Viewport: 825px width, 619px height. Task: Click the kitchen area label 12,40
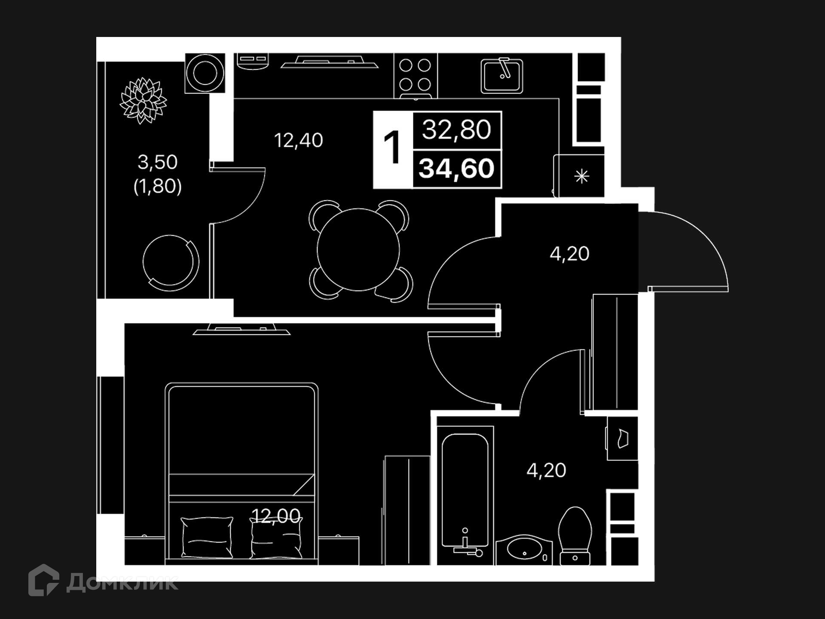299,141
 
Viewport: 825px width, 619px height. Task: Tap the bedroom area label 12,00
275,516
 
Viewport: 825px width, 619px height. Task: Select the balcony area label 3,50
157,162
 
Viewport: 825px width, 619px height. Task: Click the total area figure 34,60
457,169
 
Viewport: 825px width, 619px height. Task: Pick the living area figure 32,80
457,130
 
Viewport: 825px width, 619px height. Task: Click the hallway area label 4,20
569,254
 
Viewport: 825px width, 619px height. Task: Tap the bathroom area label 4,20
546,471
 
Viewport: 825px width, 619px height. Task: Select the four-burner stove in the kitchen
416,75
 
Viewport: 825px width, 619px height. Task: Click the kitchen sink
502,76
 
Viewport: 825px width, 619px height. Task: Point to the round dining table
358,250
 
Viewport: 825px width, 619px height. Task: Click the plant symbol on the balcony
143,101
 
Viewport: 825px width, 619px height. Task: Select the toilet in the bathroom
575,536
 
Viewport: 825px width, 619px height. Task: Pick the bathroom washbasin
524,550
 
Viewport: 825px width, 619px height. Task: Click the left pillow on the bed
207,537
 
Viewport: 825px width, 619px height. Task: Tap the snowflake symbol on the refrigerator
581,177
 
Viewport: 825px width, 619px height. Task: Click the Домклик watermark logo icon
43,580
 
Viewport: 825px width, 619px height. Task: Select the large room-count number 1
392,148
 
